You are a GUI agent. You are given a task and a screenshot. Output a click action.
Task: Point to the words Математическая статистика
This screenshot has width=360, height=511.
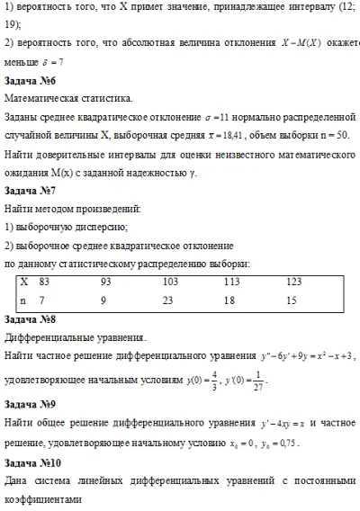(68, 98)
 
